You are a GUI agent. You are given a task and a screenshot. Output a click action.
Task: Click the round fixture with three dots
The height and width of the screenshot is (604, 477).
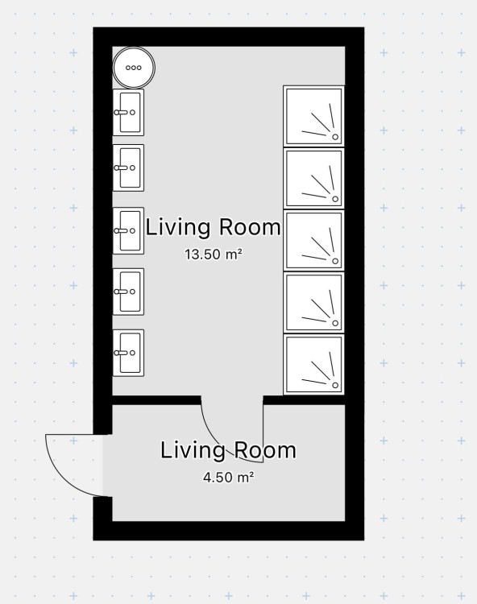[134, 68]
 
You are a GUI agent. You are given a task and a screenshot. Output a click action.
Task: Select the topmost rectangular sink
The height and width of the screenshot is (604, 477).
[128, 113]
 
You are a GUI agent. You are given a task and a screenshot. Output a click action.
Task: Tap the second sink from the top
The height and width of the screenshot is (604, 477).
[128, 168]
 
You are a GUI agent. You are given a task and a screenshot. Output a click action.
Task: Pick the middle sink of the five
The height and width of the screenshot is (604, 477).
[128, 231]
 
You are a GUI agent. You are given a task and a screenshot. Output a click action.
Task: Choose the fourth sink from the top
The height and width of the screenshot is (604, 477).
[128, 292]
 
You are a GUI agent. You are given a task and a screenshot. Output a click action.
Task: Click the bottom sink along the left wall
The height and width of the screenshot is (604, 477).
[128, 353]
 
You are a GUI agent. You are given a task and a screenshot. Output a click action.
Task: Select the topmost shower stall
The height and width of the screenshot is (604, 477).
[314, 116]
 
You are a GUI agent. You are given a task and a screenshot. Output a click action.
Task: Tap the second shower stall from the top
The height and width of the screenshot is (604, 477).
[314, 178]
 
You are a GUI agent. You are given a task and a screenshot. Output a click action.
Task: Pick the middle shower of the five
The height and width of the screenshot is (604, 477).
[314, 240]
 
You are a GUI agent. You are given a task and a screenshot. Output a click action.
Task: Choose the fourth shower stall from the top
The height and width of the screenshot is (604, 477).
[314, 302]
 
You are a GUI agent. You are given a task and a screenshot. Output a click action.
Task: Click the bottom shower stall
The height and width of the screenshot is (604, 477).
[314, 364]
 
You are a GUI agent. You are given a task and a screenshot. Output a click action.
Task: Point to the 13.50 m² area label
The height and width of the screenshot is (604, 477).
[214, 254]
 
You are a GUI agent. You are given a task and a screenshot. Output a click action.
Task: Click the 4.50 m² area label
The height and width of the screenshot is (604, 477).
[229, 478]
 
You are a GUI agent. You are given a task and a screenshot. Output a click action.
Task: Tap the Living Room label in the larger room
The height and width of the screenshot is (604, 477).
[213, 227]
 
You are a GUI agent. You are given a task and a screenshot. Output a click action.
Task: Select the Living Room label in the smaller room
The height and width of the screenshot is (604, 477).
[228, 450]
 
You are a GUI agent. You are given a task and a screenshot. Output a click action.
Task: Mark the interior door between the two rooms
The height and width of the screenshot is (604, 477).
[232, 428]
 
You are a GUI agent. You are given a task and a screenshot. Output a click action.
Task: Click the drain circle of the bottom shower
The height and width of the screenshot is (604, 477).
[335, 385]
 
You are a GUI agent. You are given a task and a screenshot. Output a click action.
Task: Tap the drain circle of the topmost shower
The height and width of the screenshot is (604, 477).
[335, 137]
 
